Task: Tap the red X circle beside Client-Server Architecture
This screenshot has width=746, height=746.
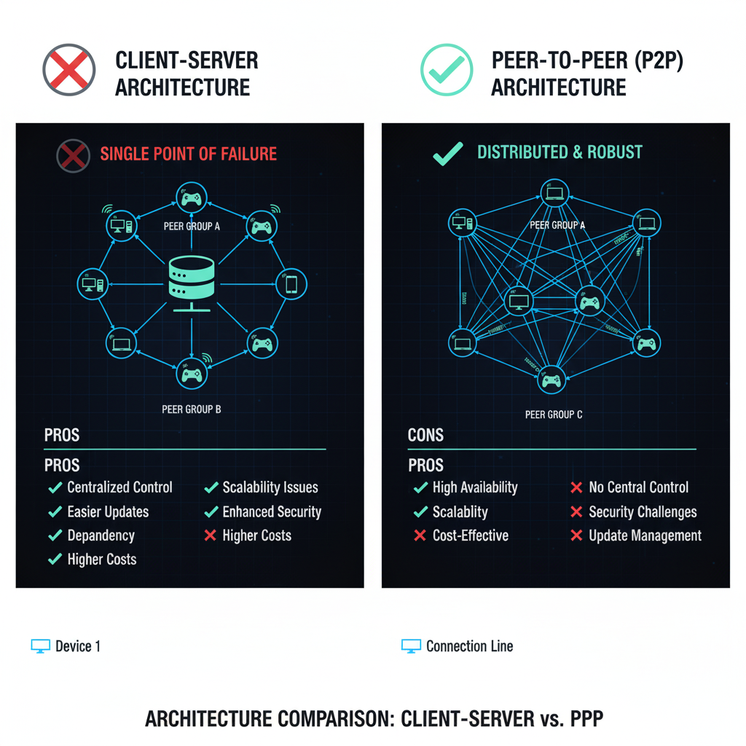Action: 69,70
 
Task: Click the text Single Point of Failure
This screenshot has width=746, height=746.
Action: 188,154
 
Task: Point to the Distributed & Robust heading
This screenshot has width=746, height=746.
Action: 559,152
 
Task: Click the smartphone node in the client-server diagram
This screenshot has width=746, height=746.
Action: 291,283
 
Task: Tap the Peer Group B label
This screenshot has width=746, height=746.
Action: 191,409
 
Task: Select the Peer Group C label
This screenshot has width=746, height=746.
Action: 554,415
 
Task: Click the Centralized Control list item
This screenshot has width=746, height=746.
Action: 119,487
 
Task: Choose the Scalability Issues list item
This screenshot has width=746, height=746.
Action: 270,487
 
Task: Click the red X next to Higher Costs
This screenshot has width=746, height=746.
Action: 211,535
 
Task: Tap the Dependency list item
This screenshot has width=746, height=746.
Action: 101,535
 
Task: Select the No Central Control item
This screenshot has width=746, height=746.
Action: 638,487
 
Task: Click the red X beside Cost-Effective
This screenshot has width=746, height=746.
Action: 420,535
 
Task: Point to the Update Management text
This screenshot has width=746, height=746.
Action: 645,535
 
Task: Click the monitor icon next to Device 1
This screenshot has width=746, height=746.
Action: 41,646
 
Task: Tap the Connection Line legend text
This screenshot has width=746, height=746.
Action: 469,646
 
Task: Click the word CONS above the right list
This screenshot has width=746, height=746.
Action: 425,435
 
